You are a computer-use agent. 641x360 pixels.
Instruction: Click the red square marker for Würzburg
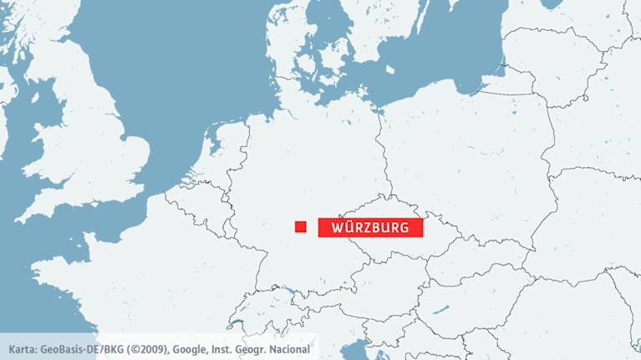point(301,226)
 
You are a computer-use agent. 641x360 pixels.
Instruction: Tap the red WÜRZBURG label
point(371,227)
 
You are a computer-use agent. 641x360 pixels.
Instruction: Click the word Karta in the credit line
point(23,348)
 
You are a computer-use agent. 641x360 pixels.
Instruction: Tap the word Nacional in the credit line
point(287,348)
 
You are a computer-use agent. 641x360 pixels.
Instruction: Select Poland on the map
point(468,159)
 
